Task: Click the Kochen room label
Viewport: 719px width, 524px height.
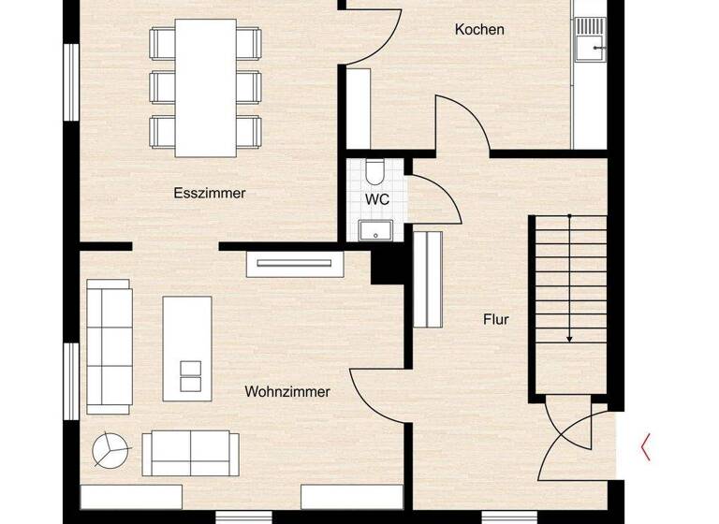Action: tap(479, 29)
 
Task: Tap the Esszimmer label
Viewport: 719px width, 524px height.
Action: tap(210, 194)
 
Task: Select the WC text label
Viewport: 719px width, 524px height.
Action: tap(377, 199)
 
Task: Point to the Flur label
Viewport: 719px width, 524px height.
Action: tap(496, 319)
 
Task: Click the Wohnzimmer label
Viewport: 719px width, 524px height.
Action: tap(287, 392)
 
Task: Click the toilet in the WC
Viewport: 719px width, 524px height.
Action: tap(374, 172)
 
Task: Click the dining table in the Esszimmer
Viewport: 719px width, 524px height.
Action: tap(206, 87)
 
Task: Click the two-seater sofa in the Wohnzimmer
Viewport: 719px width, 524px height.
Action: tap(190, 453)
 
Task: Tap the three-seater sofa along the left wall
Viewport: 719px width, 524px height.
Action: tap(109, 346)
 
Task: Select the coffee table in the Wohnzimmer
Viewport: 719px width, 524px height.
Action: tap(187, 347)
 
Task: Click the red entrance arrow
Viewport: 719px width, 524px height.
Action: tap(645, 446)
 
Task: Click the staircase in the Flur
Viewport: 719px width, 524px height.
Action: tap(568, 281)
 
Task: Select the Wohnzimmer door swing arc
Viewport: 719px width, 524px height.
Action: tap(374, 393)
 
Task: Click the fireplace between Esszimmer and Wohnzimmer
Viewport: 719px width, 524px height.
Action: tap(294, 263)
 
